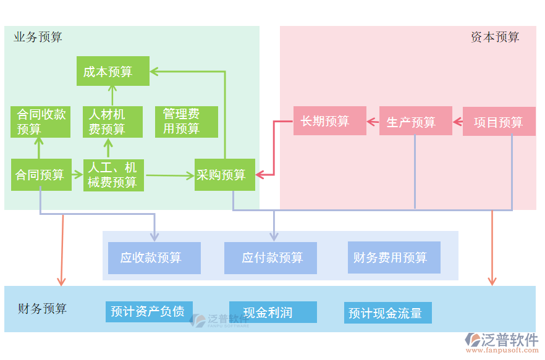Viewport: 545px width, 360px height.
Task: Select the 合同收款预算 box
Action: click(41, 122)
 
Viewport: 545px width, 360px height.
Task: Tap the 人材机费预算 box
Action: click(112, 122)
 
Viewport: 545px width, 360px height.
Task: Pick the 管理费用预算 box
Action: click(186, 122)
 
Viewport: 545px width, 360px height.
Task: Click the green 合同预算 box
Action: click(41, 175)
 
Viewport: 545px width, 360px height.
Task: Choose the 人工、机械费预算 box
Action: click(113, 175)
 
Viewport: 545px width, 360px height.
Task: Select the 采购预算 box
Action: click(224, 175)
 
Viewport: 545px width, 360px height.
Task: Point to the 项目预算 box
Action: click(499, 121)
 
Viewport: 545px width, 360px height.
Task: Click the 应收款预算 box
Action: click(154, 257)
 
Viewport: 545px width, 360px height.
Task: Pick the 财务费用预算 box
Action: click(394, 257)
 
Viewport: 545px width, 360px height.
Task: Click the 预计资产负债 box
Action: click(148, 312)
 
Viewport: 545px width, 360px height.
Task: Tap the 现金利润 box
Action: click(272, 312)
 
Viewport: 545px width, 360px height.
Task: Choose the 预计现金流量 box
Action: click(387, 312)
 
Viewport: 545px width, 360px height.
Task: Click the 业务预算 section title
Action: click(38, 38)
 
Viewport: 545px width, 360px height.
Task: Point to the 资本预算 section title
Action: click(495, 37)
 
